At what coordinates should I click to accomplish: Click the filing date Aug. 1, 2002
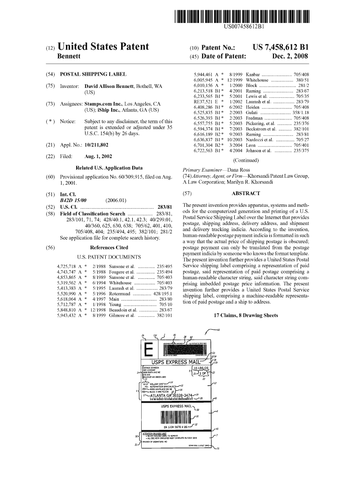(x=100, y=156)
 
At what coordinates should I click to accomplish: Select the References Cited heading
(x=109, y=247)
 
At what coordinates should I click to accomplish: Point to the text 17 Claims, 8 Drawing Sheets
(x=245, y=316)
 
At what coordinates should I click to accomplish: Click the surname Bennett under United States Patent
(x=69, y=57)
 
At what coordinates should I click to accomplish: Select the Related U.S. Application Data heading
(x=109, y=167)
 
